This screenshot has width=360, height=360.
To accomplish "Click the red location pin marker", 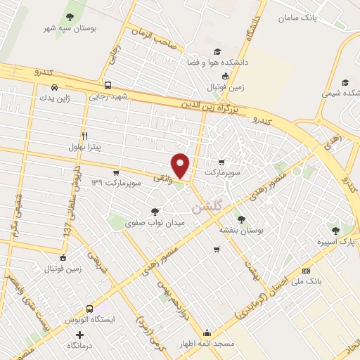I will pyautogui.click(x=181, y=165).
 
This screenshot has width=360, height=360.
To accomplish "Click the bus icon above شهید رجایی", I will pyautogui.click(x=107, y=83).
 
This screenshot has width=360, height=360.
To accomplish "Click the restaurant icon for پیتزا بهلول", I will pyautogui.click(x=84, y=135).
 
